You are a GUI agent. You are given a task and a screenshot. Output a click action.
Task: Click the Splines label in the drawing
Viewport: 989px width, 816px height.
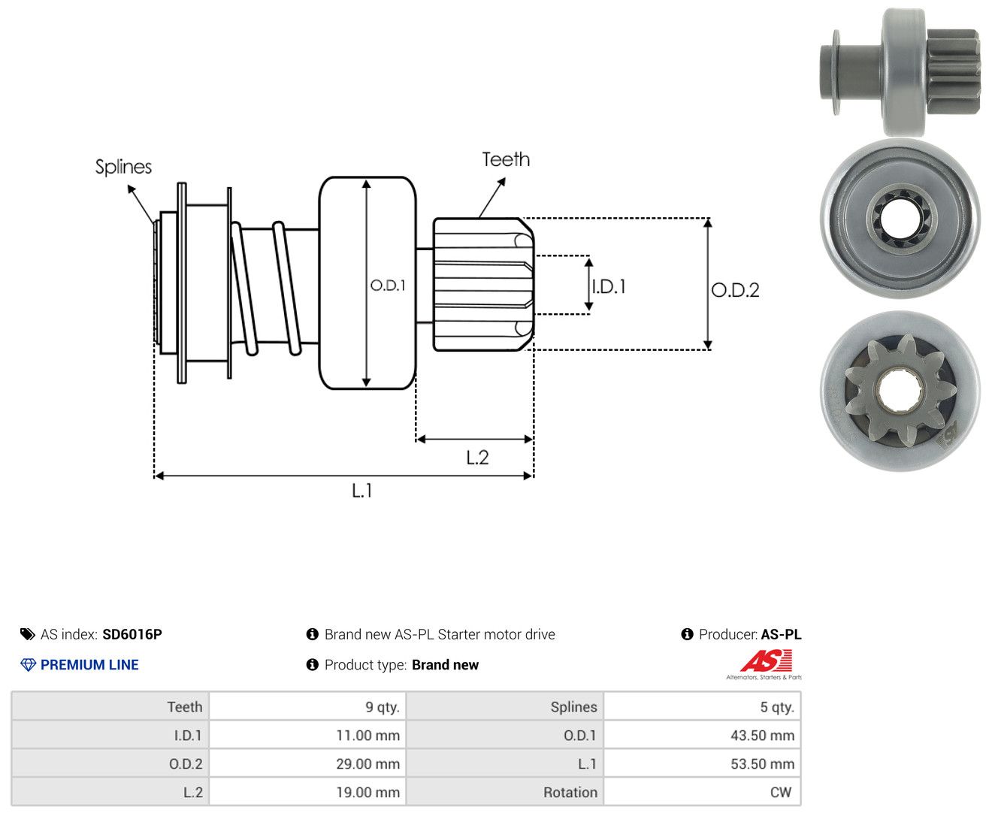coord(123,167)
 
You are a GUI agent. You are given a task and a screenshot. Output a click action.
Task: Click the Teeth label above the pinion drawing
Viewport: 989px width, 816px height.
coord(506,159)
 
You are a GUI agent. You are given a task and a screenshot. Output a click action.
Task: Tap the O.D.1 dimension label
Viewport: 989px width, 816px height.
coord(388,285)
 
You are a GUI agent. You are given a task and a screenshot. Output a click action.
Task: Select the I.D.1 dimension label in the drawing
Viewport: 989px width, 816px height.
coord(609,286)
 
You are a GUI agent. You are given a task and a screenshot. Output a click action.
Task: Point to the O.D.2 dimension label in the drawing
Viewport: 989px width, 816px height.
coord(735,290)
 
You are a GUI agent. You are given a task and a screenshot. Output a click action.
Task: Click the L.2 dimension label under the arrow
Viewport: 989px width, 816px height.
coord(477,458)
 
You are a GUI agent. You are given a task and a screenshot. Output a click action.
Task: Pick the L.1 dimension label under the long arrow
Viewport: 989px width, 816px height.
coord(362,491)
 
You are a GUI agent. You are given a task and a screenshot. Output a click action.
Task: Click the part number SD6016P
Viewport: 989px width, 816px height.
coord(132,634)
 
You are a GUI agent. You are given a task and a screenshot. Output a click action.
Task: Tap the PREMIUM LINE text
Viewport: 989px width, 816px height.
coord(89,664)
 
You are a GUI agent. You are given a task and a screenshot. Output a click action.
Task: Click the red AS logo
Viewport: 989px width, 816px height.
coord(767,660)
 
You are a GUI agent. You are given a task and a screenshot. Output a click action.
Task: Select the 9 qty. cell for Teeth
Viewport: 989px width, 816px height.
coord(307,706)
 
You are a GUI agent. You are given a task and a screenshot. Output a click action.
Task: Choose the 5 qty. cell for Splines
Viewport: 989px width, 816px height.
coord(702,706)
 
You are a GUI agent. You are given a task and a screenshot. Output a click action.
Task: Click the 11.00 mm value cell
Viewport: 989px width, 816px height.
coord(307,735)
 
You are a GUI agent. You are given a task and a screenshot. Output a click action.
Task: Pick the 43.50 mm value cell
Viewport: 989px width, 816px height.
coord(702,735)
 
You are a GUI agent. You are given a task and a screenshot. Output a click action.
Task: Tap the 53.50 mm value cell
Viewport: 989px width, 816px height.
coord(702,763)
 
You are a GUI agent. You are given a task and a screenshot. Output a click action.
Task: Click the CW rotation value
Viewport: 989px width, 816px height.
coord(780,792)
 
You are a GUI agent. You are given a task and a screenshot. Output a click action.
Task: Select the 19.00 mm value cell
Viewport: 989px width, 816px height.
coord(307,792)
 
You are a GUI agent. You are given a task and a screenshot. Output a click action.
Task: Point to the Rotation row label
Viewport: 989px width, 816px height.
coord(570,792)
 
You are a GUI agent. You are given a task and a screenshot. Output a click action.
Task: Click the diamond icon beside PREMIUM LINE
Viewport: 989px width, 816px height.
coord(28,665)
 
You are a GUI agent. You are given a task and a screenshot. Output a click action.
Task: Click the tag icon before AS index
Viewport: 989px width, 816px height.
coord(28,634)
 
